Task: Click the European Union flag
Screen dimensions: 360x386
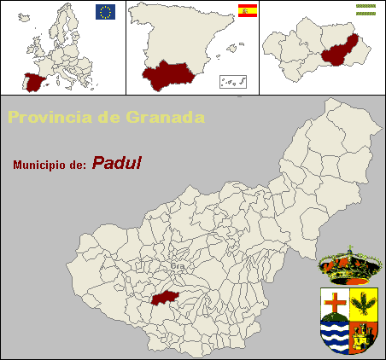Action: point(105,11)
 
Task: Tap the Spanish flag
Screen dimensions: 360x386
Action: point(247,11)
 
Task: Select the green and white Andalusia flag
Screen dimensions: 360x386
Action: point(366,6)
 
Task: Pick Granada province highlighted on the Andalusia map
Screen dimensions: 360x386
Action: point(339,50)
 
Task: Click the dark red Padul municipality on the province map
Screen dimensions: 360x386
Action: point(168,295)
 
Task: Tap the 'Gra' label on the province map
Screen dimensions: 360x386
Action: point(178,265)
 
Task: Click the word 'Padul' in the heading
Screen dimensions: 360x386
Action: point(117,162)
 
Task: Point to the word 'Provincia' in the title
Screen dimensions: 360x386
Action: point(48,117)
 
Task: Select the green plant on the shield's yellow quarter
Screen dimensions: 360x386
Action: point(364,303)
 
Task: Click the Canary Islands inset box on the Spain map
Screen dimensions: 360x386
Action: point(233,82)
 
